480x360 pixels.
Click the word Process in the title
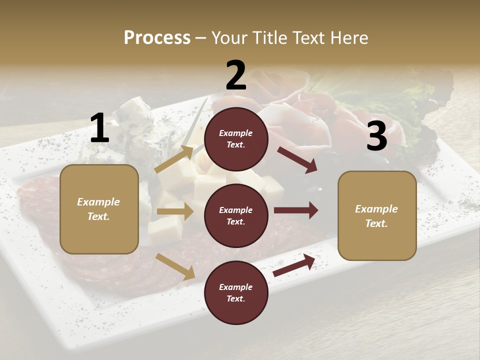tap(157, 38)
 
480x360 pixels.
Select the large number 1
tap(99, 129)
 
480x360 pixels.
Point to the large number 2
tap(236, 75)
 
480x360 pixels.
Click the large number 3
tap(376, 137)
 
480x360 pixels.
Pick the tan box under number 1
tap(99, 209)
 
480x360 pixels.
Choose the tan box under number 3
tap(376, 216)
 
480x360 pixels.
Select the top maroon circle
tap(236, 139)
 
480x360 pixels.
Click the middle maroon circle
tap(236, 216)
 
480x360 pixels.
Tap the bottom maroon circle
tap(236, 293)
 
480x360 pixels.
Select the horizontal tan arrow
tap(175, 211)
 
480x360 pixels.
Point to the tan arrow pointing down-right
tap(175, 266)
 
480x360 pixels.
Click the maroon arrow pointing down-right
tap(297, 159)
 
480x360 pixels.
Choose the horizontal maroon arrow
tap(296, 210)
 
